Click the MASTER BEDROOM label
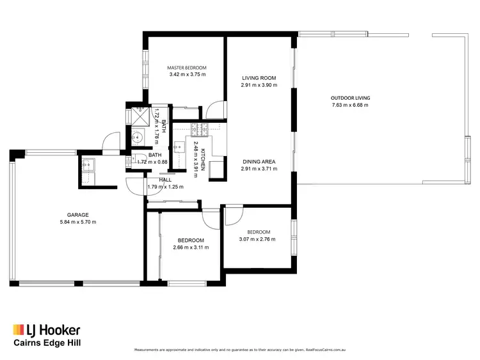(x=187, y=67)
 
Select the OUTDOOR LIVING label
(x=350, y=98)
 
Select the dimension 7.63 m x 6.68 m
(x=350, y=105)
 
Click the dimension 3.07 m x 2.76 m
(x=257, y=239)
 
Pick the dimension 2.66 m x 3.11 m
(x=191, y=247)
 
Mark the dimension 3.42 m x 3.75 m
(x=187, y=74)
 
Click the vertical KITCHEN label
(x=202, y=158)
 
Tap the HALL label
(x=165, y=180)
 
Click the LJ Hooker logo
(x=47, y=330)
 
